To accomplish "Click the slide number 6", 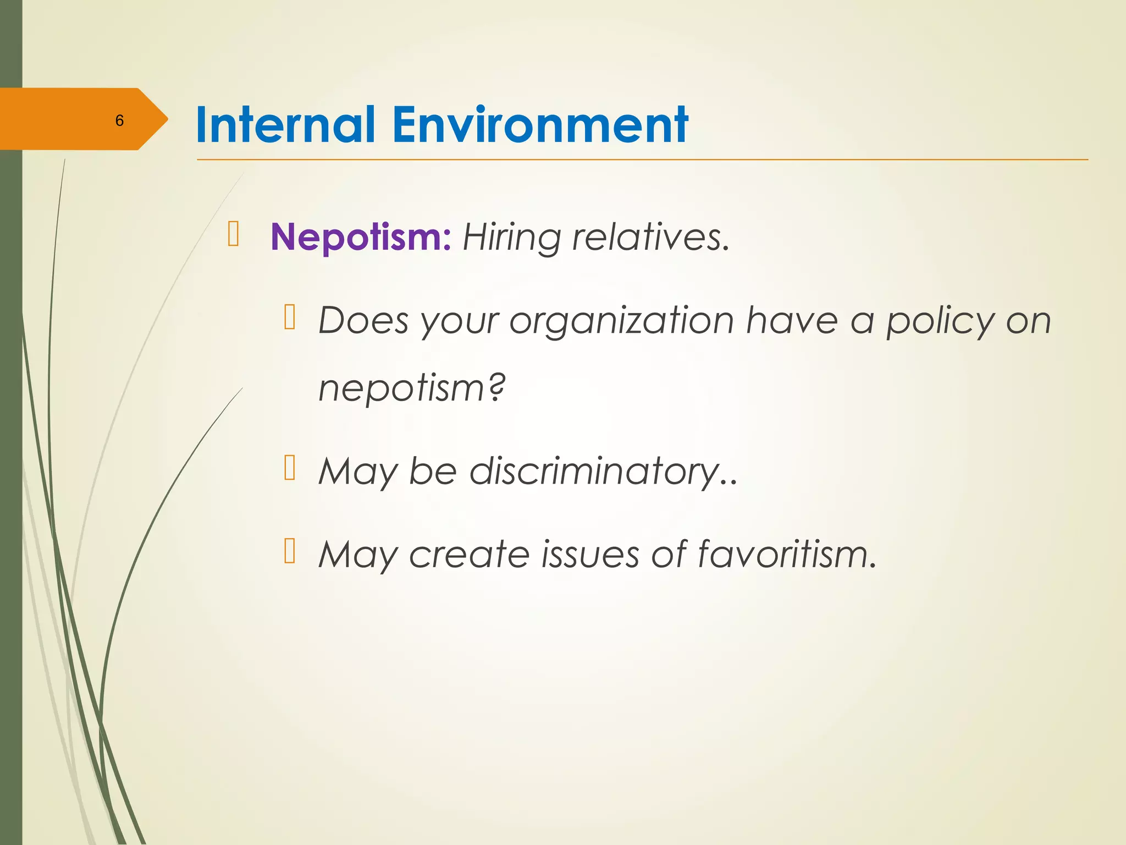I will click(119, 120).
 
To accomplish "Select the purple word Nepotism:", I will click(361, 238).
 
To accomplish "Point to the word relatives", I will click(650, 238).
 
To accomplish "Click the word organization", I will click(621, 321).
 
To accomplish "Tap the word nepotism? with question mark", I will click(411, 388).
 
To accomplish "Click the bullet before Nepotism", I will click(233, 233).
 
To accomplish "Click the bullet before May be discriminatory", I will click(290, 468).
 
